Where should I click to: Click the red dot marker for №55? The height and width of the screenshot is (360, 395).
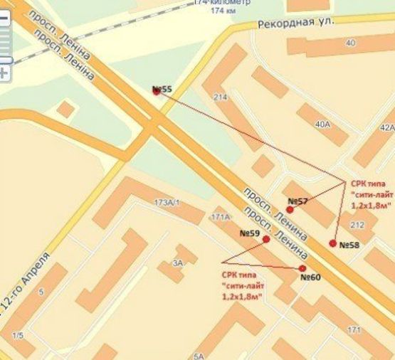(157, 91)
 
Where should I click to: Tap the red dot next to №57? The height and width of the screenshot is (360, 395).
(290, 210)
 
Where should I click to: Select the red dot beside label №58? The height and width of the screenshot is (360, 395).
(332, 243)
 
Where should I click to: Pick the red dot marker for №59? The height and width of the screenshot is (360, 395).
(266, 240)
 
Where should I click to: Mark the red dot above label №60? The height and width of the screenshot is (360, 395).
(302, 268)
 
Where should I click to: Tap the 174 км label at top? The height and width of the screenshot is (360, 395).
(223, 11)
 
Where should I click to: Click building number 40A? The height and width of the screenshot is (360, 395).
(322, 125)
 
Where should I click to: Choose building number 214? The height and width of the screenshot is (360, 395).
(220, 97)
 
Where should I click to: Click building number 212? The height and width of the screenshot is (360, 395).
(357, 226)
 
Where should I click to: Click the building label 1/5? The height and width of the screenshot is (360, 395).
(17, 335)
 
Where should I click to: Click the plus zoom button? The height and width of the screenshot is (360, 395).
(4, 73)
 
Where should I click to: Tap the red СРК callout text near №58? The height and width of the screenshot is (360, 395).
(370, 194)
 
